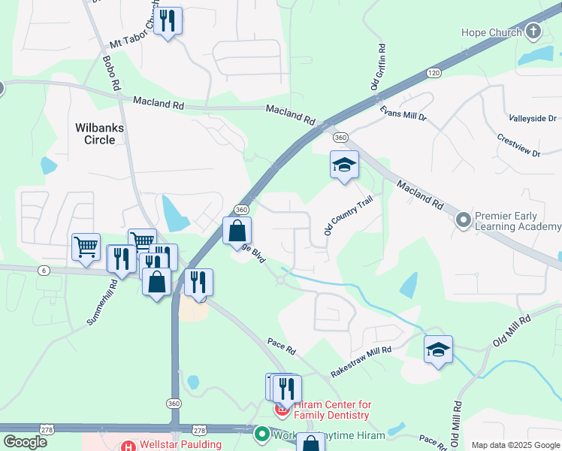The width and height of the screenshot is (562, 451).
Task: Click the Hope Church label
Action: click(492, 33)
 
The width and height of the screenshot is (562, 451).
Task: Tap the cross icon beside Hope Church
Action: click(533, 32)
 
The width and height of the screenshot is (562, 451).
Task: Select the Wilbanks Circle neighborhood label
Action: click(99, 134)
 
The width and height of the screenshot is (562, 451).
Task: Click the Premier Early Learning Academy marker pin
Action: click(464, 220)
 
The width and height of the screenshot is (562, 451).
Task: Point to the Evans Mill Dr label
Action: click(403, 114)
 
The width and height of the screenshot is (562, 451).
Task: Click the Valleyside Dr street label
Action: click(532, 119)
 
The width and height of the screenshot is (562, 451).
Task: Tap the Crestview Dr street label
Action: click(518, 146)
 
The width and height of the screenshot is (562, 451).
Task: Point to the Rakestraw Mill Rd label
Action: click(361, 362)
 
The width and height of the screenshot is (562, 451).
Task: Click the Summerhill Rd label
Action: click(103, 302)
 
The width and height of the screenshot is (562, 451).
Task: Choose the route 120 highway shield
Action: click(433, 73)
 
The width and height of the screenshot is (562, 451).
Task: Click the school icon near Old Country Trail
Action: click(344, 165)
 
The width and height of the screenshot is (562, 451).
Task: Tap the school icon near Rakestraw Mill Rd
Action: click(438, 350)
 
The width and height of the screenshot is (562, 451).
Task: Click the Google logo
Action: click(25, 441)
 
